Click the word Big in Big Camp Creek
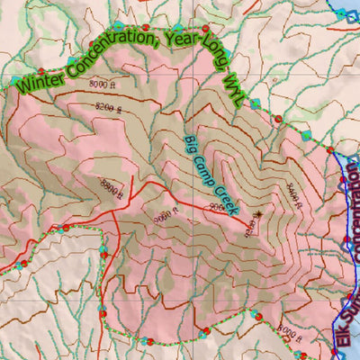(190, 144)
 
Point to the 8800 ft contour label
(111, 187)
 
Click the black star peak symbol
(258, 214)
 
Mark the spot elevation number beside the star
(250, 229)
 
